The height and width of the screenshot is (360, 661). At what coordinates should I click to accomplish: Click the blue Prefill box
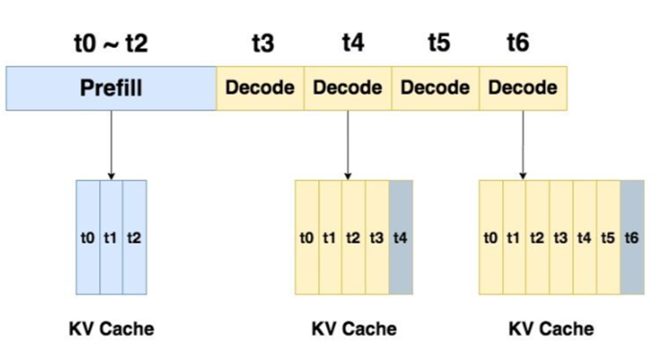pos(111,87)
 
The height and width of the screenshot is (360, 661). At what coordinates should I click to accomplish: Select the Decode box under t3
pos(260,87)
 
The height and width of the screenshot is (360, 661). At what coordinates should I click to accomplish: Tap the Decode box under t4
pos(348,87)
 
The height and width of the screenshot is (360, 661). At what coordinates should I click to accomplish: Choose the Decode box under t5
pos(435,87)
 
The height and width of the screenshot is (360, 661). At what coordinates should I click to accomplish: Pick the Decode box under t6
pos(523,87)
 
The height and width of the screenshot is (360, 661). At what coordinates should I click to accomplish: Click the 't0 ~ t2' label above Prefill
pos(111,44)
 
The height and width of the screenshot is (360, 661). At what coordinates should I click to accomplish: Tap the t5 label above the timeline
pos(439,44)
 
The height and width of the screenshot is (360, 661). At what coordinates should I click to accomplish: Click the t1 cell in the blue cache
pos(111,237)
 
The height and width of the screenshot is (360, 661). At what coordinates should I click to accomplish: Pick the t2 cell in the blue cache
pos(134,237)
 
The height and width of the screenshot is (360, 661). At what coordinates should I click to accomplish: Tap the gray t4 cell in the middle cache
pos(401,237)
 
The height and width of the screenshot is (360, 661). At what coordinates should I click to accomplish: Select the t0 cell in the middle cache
pos(307,237)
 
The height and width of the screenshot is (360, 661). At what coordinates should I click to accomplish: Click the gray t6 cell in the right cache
pos(631,237)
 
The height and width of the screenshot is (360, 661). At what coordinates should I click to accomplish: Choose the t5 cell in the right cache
pos(607,237)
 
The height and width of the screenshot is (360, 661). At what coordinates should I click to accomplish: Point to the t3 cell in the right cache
pos(561,237)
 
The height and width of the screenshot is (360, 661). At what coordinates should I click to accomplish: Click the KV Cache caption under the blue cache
pos(111,328)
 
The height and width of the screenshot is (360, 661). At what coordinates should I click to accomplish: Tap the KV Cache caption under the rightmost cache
pos(551,328)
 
